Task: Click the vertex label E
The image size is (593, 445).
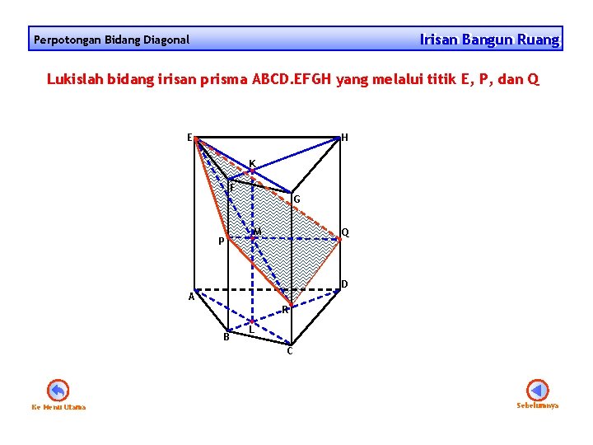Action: click(x=189, y=137)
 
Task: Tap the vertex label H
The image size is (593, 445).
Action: click(x=344, y=138)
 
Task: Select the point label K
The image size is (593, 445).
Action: click(x=252, y=162)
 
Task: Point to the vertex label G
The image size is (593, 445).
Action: click(x=296, y=199)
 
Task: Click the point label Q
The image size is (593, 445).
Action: click(x=345, y=232)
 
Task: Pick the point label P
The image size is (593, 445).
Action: click(x=220, y=242)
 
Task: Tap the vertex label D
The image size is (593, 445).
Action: click(x=344, y=284)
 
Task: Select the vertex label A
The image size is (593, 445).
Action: click(x=190, y=297)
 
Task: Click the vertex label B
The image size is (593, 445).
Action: click(x=226, y=336)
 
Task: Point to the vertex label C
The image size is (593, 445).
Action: click(x=289, y=351)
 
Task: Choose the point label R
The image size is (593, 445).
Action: click(x=284, y=310)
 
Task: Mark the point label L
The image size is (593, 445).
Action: click(x=251, y=330)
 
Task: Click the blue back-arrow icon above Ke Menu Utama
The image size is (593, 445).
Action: click(x=58, y=390)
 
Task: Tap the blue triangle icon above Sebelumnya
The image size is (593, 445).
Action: click(x=537, y=389)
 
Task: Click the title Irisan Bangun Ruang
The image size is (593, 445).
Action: click(x=489, y=39)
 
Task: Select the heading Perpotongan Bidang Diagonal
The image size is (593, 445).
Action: click(x=111, y=40)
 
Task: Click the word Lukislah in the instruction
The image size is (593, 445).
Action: click(x=73, y=80)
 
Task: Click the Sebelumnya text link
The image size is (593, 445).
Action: click(x=537, y=405)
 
